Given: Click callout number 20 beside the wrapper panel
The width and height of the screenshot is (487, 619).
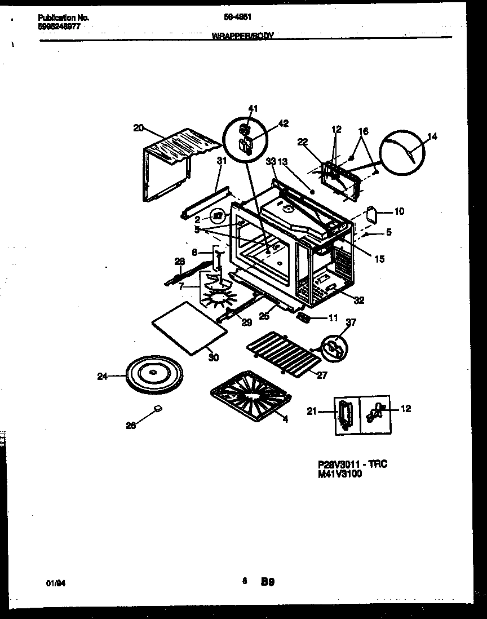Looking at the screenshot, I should point(138,127).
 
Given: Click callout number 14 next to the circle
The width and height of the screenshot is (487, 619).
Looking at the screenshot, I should point(432,136).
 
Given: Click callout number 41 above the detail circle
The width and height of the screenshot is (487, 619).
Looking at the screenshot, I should point(253,108).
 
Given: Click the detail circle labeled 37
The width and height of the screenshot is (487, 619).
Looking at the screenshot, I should point(333,346).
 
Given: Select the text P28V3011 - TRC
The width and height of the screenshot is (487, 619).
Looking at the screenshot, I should point(352,464).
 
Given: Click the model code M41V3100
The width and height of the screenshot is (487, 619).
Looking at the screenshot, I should point(340,474).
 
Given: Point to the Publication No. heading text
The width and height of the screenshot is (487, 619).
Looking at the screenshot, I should point(63,17).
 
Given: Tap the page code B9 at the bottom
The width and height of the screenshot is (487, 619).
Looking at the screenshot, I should point(267,581).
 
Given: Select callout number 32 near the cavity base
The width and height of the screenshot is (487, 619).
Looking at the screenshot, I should point(359,300).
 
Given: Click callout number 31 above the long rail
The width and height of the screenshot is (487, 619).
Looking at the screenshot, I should point(221,161).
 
